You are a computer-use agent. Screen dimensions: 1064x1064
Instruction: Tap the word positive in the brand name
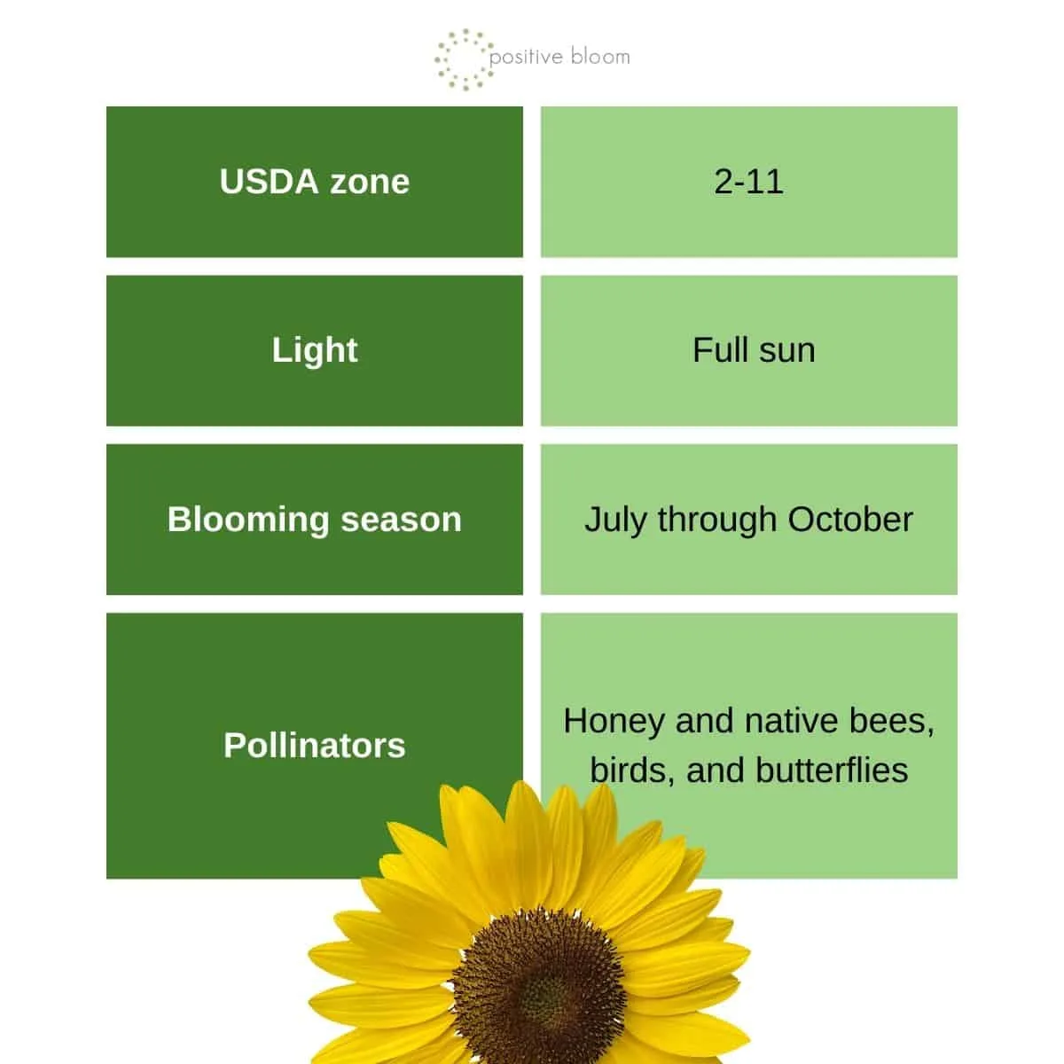point(526,58)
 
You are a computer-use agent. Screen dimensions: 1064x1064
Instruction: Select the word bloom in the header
point(600,57)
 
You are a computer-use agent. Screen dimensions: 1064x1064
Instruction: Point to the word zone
point(370,183)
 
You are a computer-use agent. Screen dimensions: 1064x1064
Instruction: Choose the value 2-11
point(748,182)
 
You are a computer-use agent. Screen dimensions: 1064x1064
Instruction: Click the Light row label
point(314,351)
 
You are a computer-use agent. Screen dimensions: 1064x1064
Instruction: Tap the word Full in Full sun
point(721,350)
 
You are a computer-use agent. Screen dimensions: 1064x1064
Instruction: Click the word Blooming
point(248,520)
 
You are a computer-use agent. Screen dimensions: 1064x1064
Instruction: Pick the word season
point(401,520)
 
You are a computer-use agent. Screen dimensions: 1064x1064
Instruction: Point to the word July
point(615,520)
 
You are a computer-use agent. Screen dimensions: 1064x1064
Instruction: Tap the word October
point(850,520)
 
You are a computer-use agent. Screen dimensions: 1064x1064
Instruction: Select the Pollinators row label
point(314,745)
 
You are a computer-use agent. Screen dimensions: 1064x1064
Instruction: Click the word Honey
point(614,723)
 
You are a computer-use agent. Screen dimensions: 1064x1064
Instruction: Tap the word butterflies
point(832,771)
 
